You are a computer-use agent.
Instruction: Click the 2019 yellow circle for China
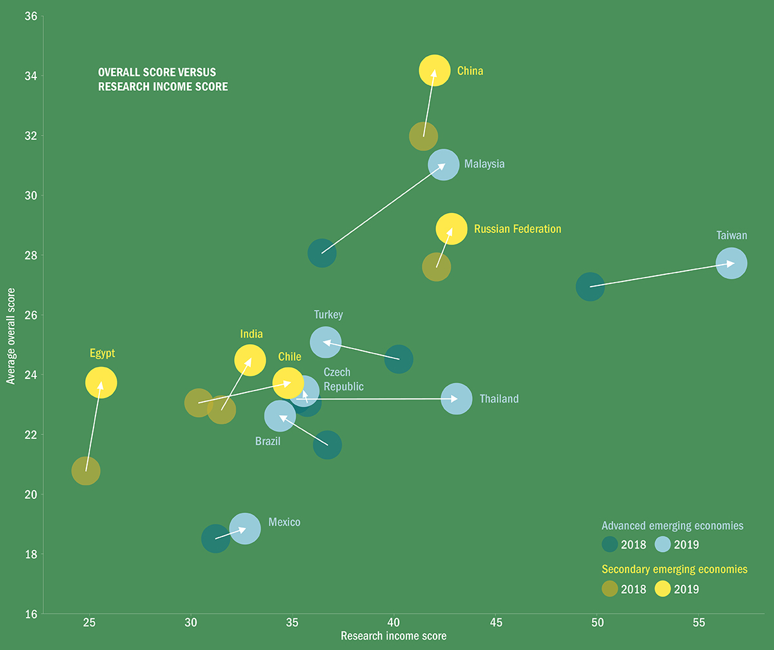(x=435, y=70)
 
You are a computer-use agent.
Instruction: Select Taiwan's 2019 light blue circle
(x=731, y=263)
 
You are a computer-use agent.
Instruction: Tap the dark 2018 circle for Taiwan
(x=590, y=287)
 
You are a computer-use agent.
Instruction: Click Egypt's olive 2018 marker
(x=86, y=471)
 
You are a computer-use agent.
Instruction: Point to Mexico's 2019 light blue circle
(x=245, y=529)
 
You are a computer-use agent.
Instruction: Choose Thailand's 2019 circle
(x=457, y=399)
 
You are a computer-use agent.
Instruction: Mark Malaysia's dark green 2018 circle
(x=322, y=253)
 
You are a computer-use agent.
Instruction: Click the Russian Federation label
(x=517, y=229)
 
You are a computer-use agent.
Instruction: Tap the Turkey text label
(x=328, y=315)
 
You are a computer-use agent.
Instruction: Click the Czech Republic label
(x=343, y=380)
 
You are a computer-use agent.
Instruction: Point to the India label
(x=251, y=334)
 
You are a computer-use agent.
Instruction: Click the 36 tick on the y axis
(x=30, y=16)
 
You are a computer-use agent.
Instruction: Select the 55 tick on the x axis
(x=699, y=622)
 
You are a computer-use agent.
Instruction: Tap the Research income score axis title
(x=393, y=636)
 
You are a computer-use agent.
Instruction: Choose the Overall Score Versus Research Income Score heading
(x=163, y=79)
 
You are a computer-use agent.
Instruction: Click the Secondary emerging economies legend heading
(x=674, y=569)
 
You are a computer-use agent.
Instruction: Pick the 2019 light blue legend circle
(x=663, y=544)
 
